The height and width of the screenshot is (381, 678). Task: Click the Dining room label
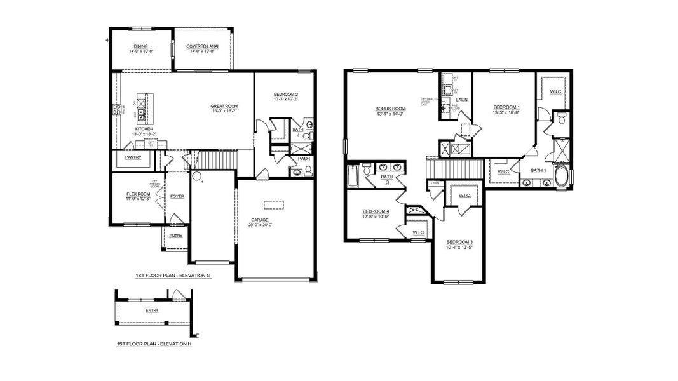140,46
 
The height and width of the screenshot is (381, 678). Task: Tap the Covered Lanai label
203,46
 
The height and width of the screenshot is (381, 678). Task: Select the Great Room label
224,106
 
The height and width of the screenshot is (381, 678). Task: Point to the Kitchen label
144,129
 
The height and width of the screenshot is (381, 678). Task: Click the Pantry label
133,157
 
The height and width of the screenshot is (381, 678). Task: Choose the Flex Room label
138,194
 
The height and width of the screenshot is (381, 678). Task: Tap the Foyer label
177,196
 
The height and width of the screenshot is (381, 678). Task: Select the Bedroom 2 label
285,95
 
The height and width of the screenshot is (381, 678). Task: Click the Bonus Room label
390,109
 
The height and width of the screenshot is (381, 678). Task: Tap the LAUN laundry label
462,100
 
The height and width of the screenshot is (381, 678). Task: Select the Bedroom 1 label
506,108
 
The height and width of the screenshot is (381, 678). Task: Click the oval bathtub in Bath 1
562,176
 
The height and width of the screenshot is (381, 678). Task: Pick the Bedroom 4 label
375,211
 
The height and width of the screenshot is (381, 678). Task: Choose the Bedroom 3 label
459,242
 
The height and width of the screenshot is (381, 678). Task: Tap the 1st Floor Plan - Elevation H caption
154,344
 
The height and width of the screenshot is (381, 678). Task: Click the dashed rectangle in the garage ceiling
274,204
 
